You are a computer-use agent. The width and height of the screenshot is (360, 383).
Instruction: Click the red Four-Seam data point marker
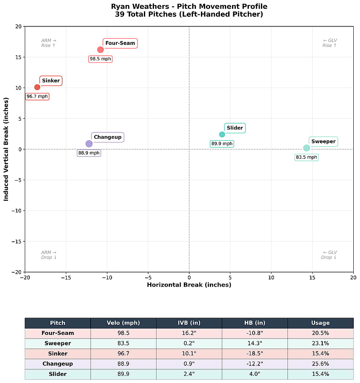pyautogui.click(x=100, y=49)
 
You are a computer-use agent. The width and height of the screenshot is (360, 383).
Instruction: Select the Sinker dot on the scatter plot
pyautogui.click(x=37, y=87)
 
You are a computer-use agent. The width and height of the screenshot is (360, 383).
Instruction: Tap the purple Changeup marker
pyautogui.click(x=89, y=144)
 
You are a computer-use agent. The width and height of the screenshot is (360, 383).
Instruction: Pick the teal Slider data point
pyautogui.click(x=222, y=135)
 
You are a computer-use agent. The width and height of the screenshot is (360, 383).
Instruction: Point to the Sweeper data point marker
pyautogui.click(x=307, y=148)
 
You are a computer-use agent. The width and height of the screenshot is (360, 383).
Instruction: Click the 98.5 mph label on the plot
pyautogui.click(x=100, y=59)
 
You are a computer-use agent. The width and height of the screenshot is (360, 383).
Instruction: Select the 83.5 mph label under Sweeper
pyautogui.click(x=307, y=158)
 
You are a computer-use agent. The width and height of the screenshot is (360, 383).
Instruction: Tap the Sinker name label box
pyautogui.click(x=51, y=81)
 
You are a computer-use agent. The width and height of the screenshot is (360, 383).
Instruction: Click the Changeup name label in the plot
pyautogui.click(x=107, y=137)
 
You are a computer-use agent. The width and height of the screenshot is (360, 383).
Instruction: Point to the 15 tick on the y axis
pyautogui.click(x=18, y=57)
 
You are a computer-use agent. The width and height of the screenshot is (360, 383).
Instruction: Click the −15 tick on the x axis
pyautogui.click(x=66, y=277)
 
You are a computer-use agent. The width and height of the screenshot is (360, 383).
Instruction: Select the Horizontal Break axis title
pyautogui.click(x=189, y=285)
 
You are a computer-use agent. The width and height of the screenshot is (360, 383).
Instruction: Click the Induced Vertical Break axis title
pyautogui.click(x=6, y=149)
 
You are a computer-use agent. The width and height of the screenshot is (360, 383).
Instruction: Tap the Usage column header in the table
pyautogui.click(x=320, y=323)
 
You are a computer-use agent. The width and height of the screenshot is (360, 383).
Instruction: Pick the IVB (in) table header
pyautogui.click(x=189, y=323)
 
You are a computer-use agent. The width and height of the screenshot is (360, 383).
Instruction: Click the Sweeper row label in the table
pyautogui.click(x=57, y=343)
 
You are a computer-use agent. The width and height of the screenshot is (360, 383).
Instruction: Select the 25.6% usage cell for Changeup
pyautogui.click(x=320, y=364)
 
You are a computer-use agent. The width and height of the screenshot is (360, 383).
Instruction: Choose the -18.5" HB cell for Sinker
pyautogui.click(x=254, y=354)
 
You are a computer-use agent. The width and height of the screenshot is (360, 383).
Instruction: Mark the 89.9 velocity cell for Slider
pyautogui.click(x=123, y=374)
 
